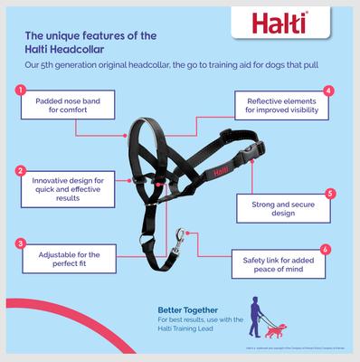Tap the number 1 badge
(x=20, y=90)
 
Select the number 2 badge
(x=20, y=169)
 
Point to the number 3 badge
(x=20, y=243)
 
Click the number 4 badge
(x=328, y=90)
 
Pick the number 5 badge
(x=330, y=194)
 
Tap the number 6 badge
(x=326, y=247)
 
